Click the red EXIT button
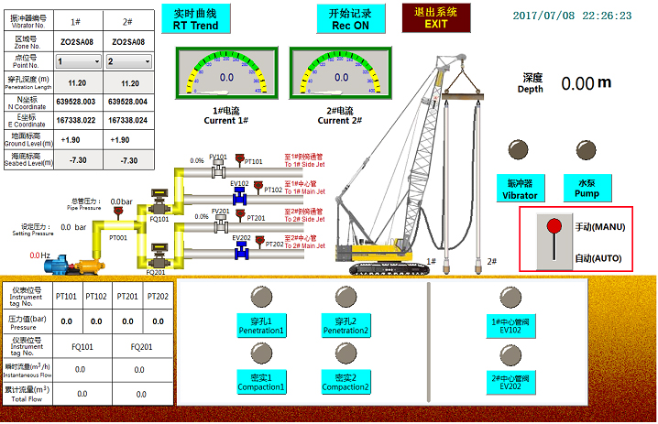pyautogui.click(x=437, y=17)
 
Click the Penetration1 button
pyautogui.click(x=242, y=325)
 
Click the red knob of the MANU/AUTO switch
pyautogui.click(x=553, y=226)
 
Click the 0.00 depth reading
pyautogui.click(x=577, y=83)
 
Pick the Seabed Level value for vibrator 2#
pyautogui.click(x=129, y=160)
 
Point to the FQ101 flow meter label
pyautogui.click(x=159, y=219)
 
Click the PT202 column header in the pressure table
pyautogui.click(x=158, y=296)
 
